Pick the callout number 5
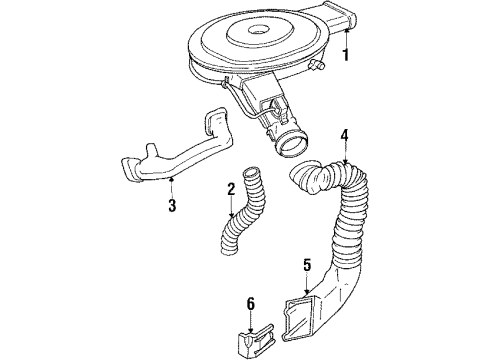pos(307,265)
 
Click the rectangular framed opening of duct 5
pos(295,315)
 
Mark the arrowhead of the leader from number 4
pos(344,161)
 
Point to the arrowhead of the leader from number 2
pos(234,213)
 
